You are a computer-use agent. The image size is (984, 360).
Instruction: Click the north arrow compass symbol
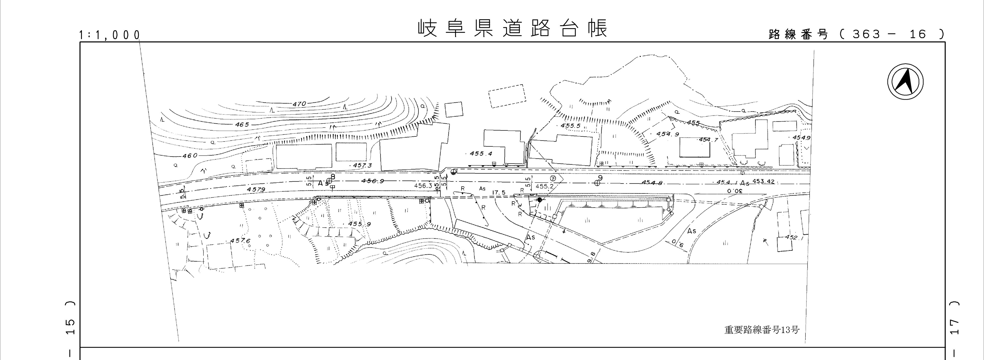[x=905, y=82]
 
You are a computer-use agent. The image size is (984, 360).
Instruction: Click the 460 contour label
[x=190, y=155]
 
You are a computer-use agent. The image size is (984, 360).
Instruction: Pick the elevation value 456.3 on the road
[x=423, y=186]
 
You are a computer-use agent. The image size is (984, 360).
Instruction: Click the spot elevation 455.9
[x=359, y=224]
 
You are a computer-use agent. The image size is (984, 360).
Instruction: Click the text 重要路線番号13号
[x=762, y=329]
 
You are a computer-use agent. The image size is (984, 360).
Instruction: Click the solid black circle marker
[x=539, y=199]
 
